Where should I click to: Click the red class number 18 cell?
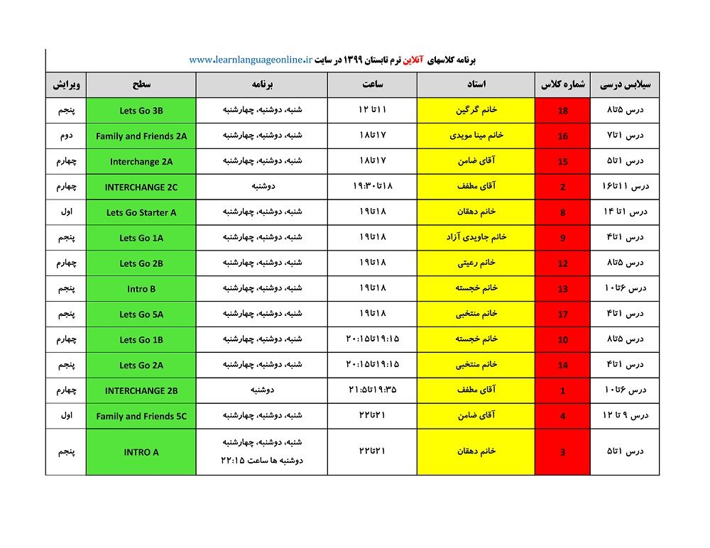[x=562, y=111]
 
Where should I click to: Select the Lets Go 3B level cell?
[x=141, y=111]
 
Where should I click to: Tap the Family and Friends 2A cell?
[x=141, y=136]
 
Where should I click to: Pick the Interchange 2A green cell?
[x=141, y=162]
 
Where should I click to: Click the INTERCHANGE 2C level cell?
[x=141, y=187]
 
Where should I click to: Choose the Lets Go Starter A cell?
[x=141, y=212]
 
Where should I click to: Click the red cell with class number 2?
[x=562, y=187]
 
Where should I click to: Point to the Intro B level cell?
[x=141, y=289]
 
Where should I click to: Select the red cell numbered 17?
[x=562, y=314]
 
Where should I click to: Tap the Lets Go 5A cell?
[x=141, y=314]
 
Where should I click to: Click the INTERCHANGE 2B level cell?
[x=141, y=391]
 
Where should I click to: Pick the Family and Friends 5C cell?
[x=141, y=417]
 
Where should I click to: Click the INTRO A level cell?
[x=141, y=452]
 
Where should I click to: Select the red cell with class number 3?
[x=562, y=452]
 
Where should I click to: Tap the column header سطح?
[x=141, y=84]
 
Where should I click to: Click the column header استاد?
[x=476, y=84]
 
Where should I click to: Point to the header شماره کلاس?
[x=562, y=84]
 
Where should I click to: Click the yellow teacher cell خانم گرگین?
[x=476, y=111]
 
